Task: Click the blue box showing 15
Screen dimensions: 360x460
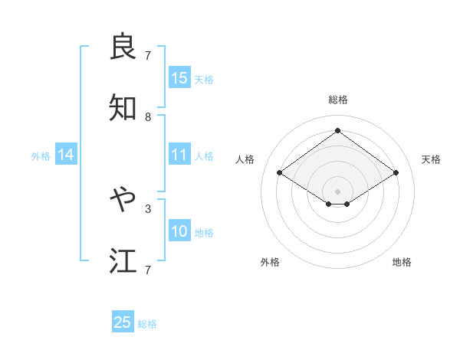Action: coord(179,78)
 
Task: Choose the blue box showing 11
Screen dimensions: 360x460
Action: coord(179,155)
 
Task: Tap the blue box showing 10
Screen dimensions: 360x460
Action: coord(179,231)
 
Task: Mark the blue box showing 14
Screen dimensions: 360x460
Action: coord(66,155)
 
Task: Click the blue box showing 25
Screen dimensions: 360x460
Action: coord(123,322)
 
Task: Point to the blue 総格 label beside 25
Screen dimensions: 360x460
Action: coord(147,324)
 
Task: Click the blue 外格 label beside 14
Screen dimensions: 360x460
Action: coord(41,156)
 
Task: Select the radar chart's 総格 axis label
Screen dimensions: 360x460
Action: coord(338,100)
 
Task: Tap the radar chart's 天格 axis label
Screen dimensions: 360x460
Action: coord(431,159)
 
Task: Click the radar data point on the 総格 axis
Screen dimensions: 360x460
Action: coord(337,131)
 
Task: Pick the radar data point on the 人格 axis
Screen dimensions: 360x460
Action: coord(280,173)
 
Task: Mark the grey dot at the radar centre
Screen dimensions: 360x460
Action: coord(337,191)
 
